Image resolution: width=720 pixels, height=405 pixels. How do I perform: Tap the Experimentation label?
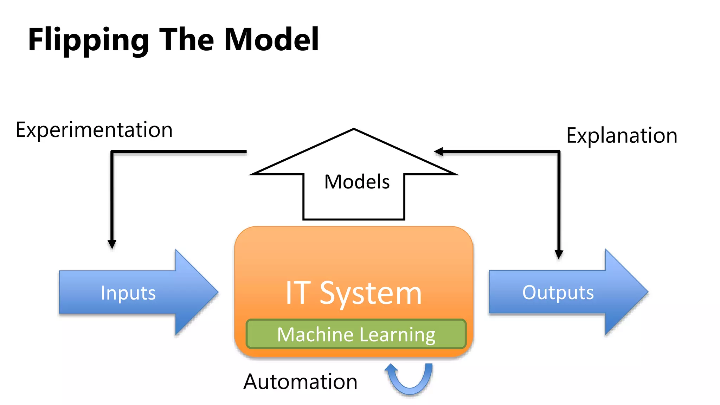pyautogui.click(x=94, y=130)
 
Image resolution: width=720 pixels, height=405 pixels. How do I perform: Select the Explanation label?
pyautogui.click(x=622, y=135)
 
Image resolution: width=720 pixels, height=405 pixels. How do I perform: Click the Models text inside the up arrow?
pyautogui.click(x=357, y=182)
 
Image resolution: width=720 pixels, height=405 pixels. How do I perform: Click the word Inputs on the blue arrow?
pyautogui.click(x=128, y=293)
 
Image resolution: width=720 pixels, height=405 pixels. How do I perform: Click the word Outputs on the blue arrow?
pyautogui.click(x=558, y=292)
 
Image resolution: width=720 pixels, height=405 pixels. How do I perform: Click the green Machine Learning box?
pyautogui.click(x=356, y=334)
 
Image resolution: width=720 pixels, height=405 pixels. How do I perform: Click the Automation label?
pyautogui.click(x=300, y=382)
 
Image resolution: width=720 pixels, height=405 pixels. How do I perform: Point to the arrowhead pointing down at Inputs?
pyautogui.click(x=112, y=244)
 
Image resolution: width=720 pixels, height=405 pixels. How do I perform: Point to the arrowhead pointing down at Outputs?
pyautogui.click(x=559, y=254)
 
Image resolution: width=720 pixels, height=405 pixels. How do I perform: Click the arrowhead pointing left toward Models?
pyautogui.click(x=438, y=152)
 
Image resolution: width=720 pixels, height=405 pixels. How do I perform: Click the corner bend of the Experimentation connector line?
pyautogui.click(x=112, y=152)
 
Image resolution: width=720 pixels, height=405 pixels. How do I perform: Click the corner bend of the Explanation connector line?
pyautogui.click(x=559, y=152)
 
